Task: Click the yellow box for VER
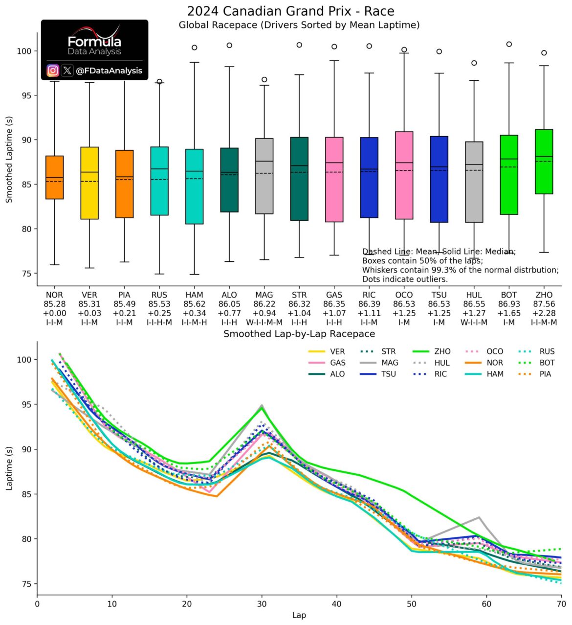89,183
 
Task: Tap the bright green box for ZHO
544,162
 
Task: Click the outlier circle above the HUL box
474,63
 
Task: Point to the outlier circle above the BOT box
509,44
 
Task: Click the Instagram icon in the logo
53,70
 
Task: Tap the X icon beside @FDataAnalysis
67,70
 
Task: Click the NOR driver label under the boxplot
54,295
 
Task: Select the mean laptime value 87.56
544,304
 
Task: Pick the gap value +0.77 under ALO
229,313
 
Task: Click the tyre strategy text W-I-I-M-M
264,323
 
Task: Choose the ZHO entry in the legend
431,351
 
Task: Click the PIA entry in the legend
534,374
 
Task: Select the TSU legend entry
378,374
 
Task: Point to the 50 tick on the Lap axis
412,604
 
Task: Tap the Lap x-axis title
299,615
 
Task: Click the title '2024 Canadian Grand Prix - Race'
291,12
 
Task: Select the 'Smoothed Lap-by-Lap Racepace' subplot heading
299,334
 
